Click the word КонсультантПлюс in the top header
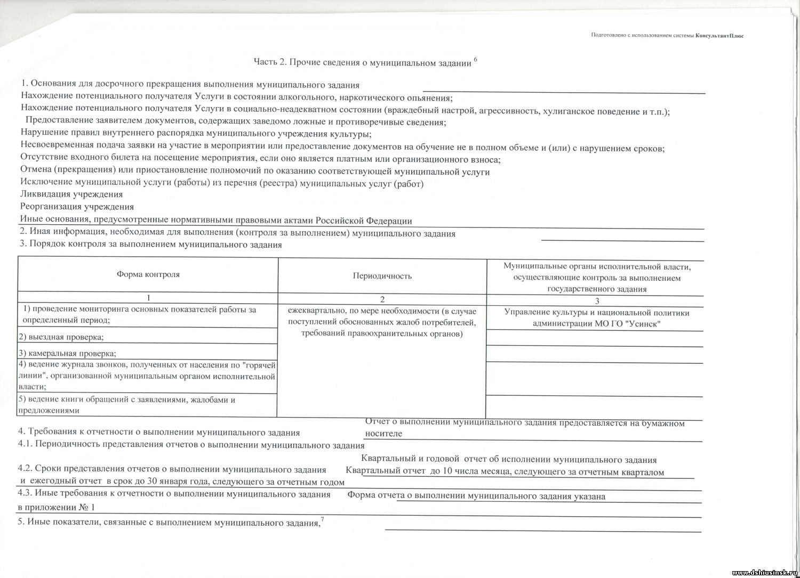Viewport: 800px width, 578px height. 719,36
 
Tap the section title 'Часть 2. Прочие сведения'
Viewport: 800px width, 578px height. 362,63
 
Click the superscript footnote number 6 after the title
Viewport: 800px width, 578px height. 475,59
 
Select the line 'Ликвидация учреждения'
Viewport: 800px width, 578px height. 71,194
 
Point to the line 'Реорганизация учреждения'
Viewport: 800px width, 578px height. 77,207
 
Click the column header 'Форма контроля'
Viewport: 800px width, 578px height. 148,274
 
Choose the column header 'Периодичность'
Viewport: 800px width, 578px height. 382,276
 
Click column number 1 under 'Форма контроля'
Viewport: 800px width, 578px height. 148,298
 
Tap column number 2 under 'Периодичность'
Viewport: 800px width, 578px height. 382,299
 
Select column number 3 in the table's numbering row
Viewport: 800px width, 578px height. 597,300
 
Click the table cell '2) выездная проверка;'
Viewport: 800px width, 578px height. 61,337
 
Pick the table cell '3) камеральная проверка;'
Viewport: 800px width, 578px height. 67,353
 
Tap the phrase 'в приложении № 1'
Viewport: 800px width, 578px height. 56,507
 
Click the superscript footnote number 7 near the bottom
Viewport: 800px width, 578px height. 322,519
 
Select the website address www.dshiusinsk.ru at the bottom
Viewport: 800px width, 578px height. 765,573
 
